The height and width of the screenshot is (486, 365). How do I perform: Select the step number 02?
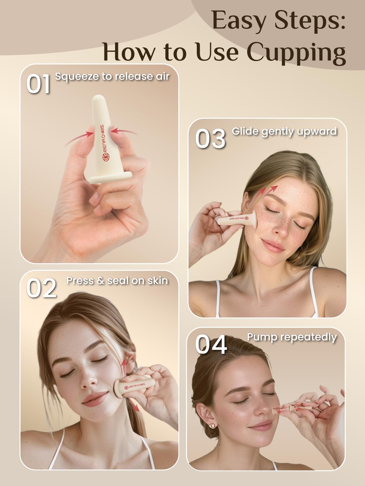pos(41,288)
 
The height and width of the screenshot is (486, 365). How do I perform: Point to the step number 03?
pos(210,139)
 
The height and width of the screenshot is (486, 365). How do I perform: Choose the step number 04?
pos(211,344)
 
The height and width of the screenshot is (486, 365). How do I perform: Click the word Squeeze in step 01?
pos(77,77)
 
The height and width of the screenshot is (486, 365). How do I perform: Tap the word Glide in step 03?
pos(245,132)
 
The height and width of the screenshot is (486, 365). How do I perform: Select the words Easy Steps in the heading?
pos(279,21)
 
